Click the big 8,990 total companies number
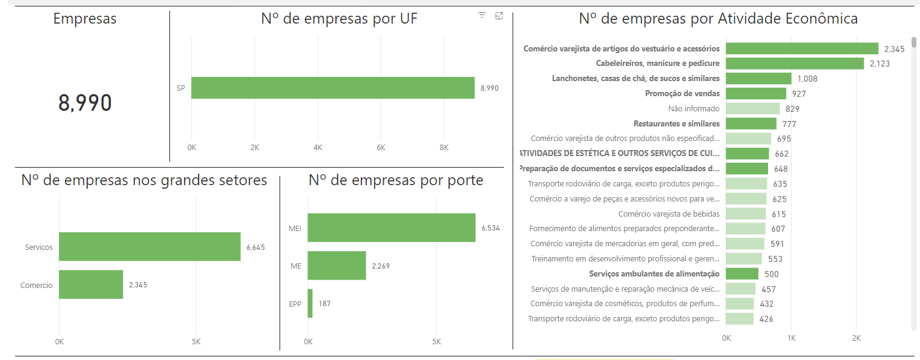[x=85, y=103]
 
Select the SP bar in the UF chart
[x=333, y=88]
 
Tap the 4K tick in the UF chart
[x=318, y=147]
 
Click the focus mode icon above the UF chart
[x=499, y=16]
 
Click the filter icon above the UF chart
[x=482, y=16]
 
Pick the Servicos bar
[x=149, y=247]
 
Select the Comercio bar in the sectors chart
[x=91, y=284]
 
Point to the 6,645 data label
[x=255, y=247]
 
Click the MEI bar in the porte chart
[x=391, y=227]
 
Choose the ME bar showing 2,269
[x=337, y=266]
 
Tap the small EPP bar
[x=310, y=303]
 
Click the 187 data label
[x=324, y=304]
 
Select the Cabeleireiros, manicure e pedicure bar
[x=795, y=64]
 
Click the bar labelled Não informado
[x=752, y=109]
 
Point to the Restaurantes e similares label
[x=676, y=124]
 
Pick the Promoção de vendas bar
[x=756, y=94]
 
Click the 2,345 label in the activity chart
[x=894, y=49]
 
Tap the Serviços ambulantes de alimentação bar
[x=742, y=274]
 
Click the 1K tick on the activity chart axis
[x=791, y=337]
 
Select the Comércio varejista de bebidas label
[x=669, y=214]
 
